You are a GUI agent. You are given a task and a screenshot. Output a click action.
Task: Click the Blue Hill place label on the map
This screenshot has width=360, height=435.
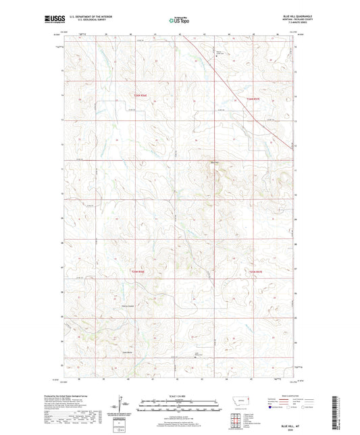point(215,161)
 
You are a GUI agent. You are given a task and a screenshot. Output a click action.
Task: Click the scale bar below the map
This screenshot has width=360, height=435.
point(179,407)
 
